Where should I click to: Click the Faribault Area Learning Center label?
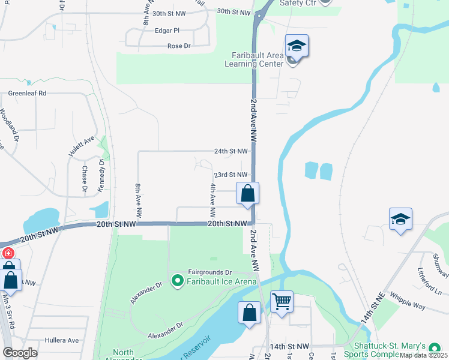[x=253, y=59]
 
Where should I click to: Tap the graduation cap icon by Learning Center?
[x=297, y=46]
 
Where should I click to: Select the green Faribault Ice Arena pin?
[x=177, y=280]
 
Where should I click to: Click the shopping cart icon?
[x=282, y=301]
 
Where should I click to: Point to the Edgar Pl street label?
[x=167, y=31]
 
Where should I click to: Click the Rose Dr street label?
[x=178, y=46]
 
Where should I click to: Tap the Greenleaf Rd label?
[x=27, y=94]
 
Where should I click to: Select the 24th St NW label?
[x=231, y=151]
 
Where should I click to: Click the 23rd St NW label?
[x=231, y=175]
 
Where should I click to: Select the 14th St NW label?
[x=289, y=347]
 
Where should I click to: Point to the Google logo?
[x=20, y=352]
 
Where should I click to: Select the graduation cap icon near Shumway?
[x=400, y=220]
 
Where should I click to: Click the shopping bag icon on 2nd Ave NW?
[x=247, y=193]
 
